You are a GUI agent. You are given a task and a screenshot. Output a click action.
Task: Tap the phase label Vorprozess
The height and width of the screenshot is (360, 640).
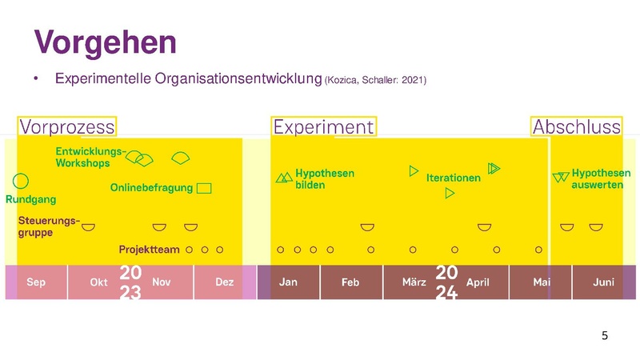coord(67,126)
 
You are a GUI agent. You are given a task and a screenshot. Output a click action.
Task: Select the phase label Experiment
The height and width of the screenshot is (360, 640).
coord(323,126)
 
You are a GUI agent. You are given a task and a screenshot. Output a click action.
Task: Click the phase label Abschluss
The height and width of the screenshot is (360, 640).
coord(576,126)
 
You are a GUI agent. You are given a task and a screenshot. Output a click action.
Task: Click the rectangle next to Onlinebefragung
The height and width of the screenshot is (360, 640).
coord(204,188)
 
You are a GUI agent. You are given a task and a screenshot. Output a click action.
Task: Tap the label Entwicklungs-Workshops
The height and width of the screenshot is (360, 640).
coord(90,157)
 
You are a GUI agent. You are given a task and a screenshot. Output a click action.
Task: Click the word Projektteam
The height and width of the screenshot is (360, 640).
coord(149,250)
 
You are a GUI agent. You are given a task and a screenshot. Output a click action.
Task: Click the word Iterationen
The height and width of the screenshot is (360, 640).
coord(453,178)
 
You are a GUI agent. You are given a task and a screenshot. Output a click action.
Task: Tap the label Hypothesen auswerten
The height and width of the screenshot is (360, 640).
coord(601,178)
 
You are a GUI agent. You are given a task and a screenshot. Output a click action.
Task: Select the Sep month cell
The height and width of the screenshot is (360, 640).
coord(36,282)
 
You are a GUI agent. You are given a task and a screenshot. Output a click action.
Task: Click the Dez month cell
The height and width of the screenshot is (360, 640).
coord(225,282)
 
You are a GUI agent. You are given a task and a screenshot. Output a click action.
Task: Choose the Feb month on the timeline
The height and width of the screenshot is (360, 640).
coord(350,282)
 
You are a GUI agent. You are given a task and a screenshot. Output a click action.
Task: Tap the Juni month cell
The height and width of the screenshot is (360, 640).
coord(603,282)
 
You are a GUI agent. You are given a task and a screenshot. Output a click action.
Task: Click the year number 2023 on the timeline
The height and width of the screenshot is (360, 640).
coord(130,282)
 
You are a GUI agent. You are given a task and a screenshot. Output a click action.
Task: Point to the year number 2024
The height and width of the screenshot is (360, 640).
coord(446,282)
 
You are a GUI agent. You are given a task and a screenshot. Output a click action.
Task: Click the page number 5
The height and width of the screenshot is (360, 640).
coord(605,335)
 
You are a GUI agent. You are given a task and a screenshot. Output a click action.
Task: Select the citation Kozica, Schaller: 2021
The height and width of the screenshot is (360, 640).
coord(375,80)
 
